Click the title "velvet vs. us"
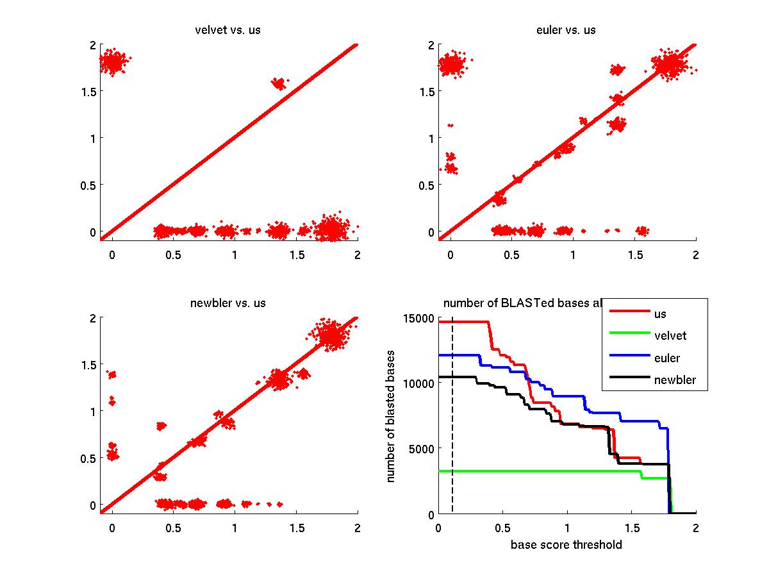tap(228, 30)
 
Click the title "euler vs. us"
tap(566, 30)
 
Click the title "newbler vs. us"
tap(228, 303)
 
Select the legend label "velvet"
tap(671, 335)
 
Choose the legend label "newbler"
tap(675, 380)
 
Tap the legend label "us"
tap(661, 314)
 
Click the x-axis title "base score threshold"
tap(566, 546)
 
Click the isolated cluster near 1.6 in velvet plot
tap(279, 83)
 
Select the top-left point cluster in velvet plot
tap(113, 62)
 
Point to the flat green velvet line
tap(545, 471)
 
